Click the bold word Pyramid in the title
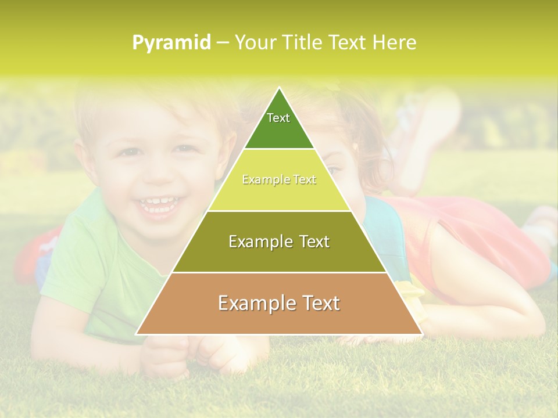pyautogui.click(x=171, y=43)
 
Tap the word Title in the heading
pyautogui.click(x=306, y=43)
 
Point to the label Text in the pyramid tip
pyautogui.click(x=278, y=118)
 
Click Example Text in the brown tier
pyautogui.click(x=279, y=303)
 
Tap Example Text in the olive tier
pyautogui.click(x=279, y=242)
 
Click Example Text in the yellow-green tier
pyautogui.click(x=279, y=180)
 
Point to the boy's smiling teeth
pyautogui.click(x=158, y=203)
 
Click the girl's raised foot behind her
pyautogui.click(x=430, y=116)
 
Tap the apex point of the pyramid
pyautogui.click(x=279, y=89)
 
